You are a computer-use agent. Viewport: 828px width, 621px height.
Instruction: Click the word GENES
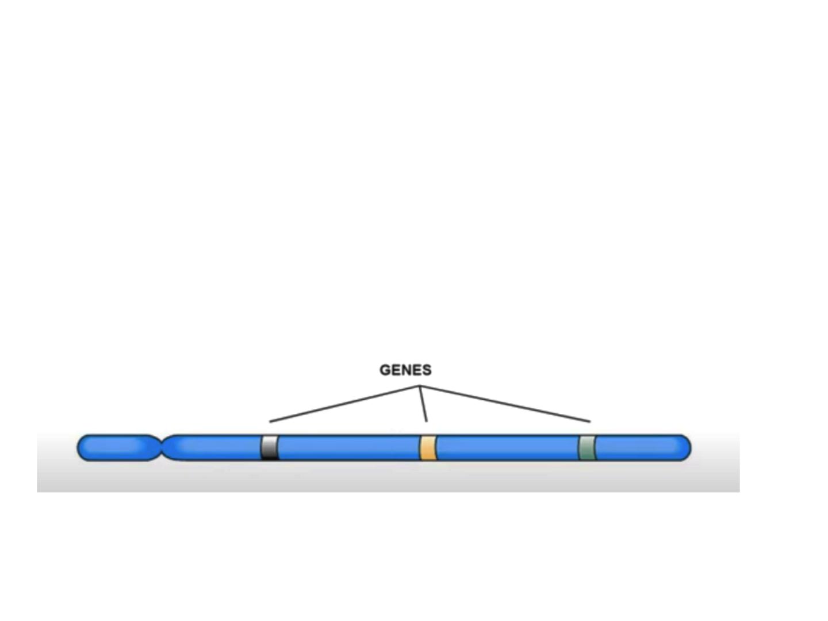pos(405,370)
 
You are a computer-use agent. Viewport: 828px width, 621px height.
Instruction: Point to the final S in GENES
pos(426,370)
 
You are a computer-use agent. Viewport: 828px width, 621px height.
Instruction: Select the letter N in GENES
pos(406,370)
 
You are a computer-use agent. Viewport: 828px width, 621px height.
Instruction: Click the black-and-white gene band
pos(270,447)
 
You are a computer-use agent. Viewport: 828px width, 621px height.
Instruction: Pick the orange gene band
pos(428,447)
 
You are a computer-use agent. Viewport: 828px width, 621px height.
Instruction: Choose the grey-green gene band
pos(586,447)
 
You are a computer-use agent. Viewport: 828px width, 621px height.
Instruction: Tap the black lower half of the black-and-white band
pos(270,454)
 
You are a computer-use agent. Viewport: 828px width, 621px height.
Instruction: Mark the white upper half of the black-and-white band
pos(270,441)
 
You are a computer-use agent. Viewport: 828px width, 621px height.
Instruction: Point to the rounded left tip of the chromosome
pos(82,447)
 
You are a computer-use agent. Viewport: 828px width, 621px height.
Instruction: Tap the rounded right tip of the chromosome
pos(687,447)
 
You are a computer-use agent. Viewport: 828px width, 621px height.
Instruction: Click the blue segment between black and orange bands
pos(348,447)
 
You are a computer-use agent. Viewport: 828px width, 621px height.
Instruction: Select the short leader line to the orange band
pos(423,404)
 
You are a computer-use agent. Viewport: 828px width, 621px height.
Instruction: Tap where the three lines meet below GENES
pos(420,386)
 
